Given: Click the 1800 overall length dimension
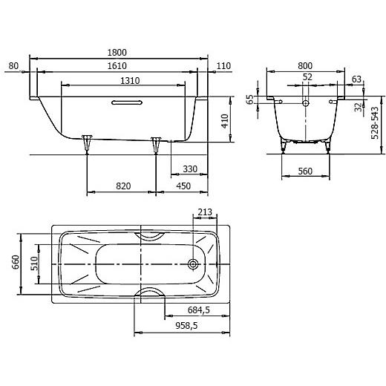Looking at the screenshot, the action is pyautogui.click(x=117, y=53).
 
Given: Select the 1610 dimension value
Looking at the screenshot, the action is pyautogui.click(x=117, y=66).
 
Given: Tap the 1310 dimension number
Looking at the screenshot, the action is pyautogui.click(x=130, y=81).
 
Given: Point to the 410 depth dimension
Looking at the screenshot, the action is pyautogui.click(x=225, y=121).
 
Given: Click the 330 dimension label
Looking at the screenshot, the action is pyautogui.click(x=190, y=169).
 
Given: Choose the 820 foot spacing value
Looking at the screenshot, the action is pyautogui.click(x=123, y=186).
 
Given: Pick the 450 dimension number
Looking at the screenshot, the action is pyautogui.click(x=183, y=186).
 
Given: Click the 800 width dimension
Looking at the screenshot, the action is pyautogui.click(x=305, y=66).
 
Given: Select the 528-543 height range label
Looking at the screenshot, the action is pyautogui.click(x=375, y=122).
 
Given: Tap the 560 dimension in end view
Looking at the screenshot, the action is pyautogui.click(x=305, y=171).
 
